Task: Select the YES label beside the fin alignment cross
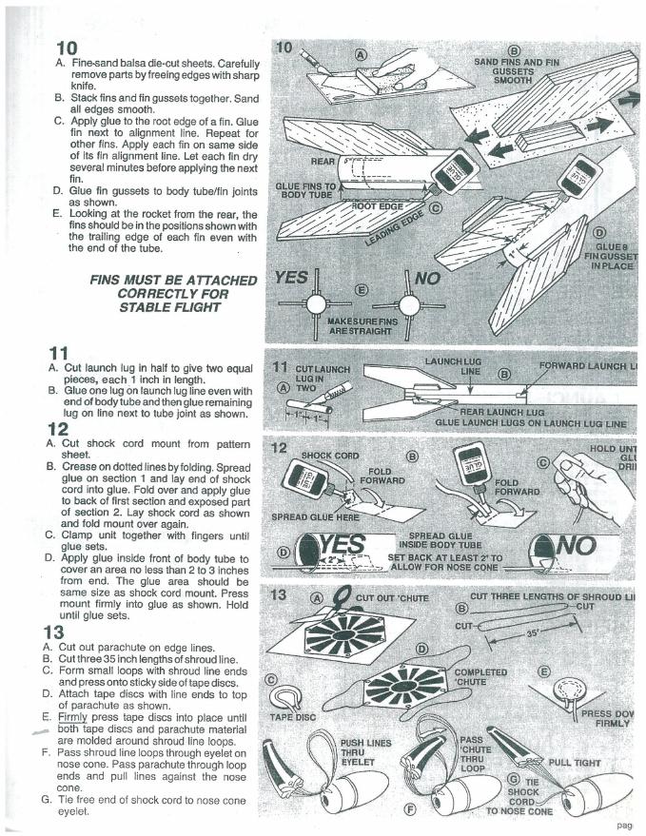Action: pyautogui.click(x=290, y=279)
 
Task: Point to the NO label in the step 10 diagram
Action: pyautogui.click(x=428, y=280)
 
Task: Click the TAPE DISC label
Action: pyautogui.click(x=293, y=717)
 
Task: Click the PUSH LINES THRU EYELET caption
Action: pyautogui.click(x=360, y=751)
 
